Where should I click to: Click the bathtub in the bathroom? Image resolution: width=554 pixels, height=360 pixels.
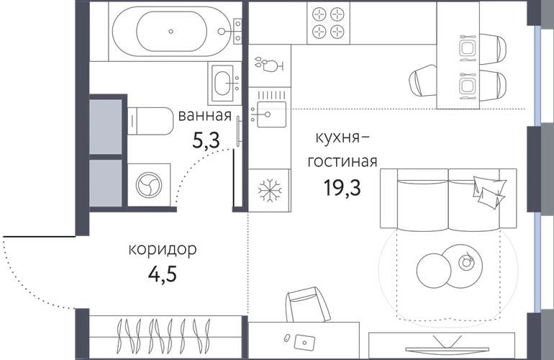pyautogui.click(x=171, y=32)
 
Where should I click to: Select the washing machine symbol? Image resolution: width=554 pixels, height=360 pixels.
pyautogui.click(x=149, y=185)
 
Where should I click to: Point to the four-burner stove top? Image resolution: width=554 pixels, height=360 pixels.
pyautogui.click(x=328, y=23)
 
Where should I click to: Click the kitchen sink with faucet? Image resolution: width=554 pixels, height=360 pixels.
pyautogui.click(x=270, y=114)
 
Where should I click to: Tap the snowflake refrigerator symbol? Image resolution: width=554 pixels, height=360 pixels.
pyautogui.click(x=270, y=191)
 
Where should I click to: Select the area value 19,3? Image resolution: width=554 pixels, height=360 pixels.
pyautogui.click(x=342, y=187)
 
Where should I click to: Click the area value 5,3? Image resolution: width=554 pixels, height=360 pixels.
pyautogui.click(x=206, y=140)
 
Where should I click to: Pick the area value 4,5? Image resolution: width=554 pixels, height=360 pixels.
pyautogui.click(x=162, y=274)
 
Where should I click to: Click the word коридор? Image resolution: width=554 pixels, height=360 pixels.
pyautogui.click(x=163, y=250)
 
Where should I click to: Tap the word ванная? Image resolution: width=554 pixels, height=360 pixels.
pyautogui.click(x=205, y=115)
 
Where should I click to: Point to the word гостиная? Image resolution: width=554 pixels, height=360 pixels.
pyautogui.click(x=342, y=161)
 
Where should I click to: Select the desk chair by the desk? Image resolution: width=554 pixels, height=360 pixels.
pyautogui.click(x=306, y=304)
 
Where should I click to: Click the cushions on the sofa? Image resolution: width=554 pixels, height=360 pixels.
pyautogui.click(x=489, y=191)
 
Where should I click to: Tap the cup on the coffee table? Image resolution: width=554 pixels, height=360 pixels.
pyautogui.click(x=466, y=262)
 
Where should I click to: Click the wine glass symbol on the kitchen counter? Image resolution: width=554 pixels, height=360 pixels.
pyautogui.click(x=270, y=64)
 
